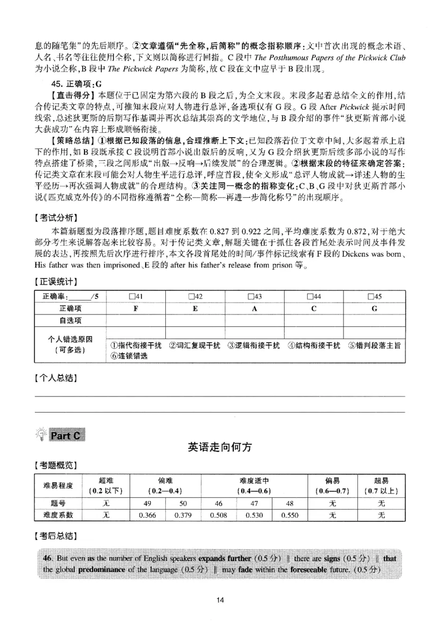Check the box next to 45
click(370, 297)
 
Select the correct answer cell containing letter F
click(136, 309)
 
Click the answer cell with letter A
click(255, 309)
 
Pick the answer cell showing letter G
click(374, 309)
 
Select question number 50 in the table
click(183, 503)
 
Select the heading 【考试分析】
click(55, 218)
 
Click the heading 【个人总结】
click(55, 378)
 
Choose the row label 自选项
click(70, 320)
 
